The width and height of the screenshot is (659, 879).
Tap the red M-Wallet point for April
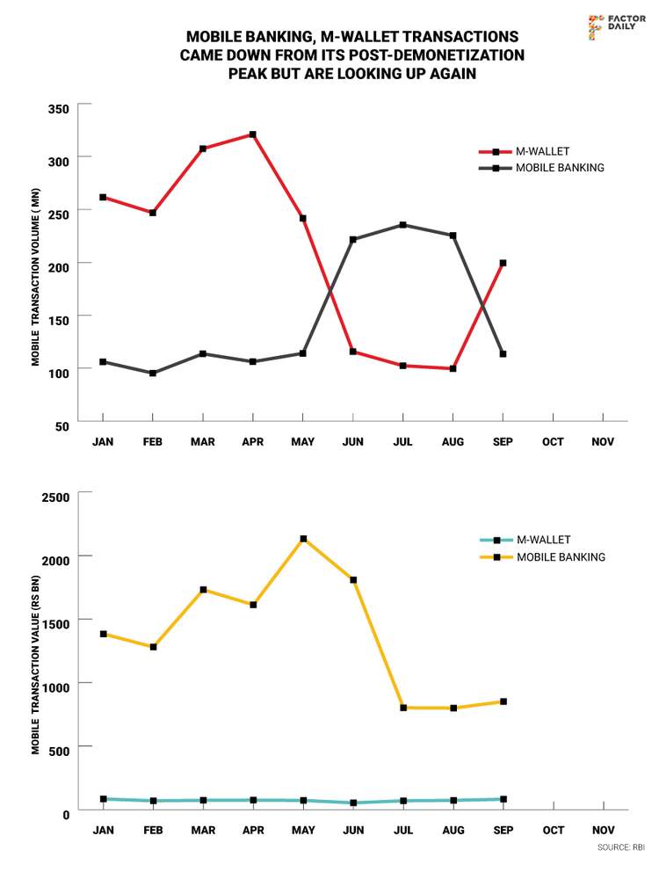point(253,134)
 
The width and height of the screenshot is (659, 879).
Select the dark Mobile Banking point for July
point(403,225)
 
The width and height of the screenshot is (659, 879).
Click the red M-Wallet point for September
point(503,263)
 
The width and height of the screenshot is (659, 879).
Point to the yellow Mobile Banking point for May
point(303,539)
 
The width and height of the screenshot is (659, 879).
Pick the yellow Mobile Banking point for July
point(403,708)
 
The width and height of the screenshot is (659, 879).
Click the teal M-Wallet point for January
point(103,799)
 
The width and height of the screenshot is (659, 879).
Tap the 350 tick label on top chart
point(57,108)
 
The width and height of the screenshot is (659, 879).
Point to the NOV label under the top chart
point(603,441)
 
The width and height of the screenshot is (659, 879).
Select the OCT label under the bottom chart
point(553,830)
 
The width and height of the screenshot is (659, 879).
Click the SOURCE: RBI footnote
point(620,847)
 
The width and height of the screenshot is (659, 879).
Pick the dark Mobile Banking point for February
point(153,374)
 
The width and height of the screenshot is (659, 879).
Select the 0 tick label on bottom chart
point(65,815)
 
